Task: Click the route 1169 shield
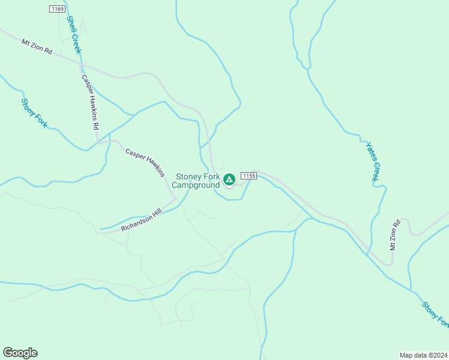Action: (x=58, y=9)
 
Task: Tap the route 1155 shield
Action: (x=249, y=175)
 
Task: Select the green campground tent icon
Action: (x=229, y=179)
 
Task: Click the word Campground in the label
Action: (x=196, y=185)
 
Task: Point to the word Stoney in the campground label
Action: (x=189, y=177)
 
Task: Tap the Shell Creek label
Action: (x=73, y=35)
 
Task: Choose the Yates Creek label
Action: (x=373, y=160)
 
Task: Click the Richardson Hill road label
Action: (x=142, y=220)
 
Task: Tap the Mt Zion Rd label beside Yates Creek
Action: (x=394, y=236)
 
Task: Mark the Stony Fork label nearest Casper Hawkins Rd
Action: (x=34, y=112)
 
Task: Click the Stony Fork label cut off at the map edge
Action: (x=435, y=314)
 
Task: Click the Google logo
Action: (x=20, y=353)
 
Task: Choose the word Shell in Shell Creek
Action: (x=70, y=26)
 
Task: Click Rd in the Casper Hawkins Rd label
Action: (x=95, y=126)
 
